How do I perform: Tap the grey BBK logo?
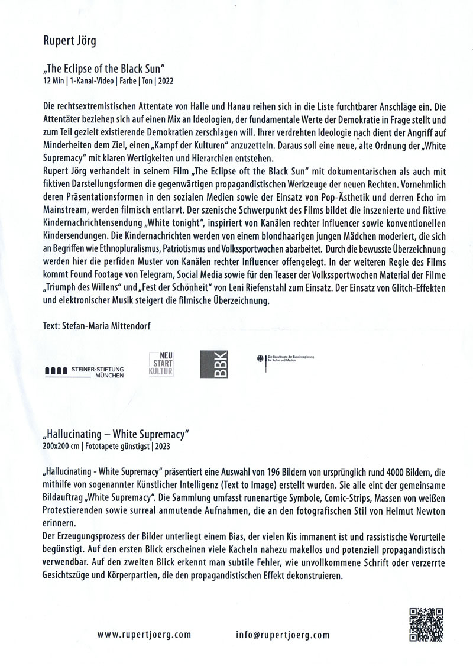(x=213, y=366)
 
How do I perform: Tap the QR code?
(x=426, y=625)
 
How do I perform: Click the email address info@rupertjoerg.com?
(x=281, y=635)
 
